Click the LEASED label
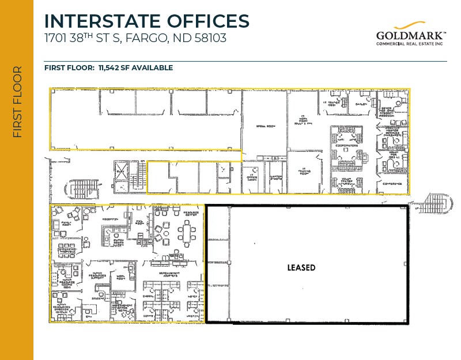(301, 268)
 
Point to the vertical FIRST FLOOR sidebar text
(17, 102)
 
